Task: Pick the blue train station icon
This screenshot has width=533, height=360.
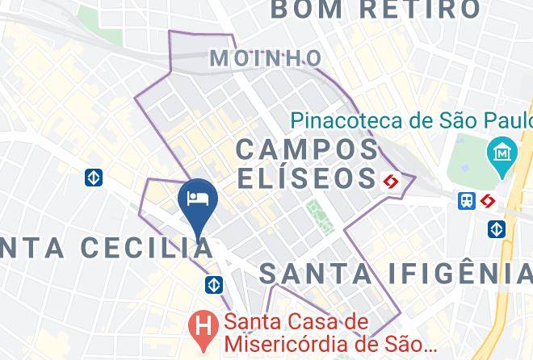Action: coord(467,200)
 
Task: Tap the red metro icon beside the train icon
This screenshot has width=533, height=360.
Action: coord(488,200)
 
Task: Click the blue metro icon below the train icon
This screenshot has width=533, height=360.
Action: coord(497,229)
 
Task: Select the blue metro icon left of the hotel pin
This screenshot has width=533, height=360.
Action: coord(94,177)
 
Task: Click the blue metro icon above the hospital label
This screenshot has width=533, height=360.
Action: coord(214,284)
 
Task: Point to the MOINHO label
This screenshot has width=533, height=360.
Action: coord(266,58)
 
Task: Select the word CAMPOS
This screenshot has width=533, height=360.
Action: coord(308,149)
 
